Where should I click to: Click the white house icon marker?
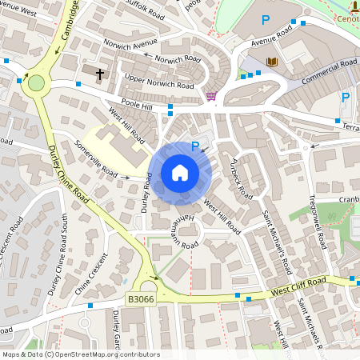tap(180, 172)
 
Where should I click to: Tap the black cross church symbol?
tap(101, 74)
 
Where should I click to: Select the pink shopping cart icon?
tap(210, 96)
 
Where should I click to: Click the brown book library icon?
tap(272, 62)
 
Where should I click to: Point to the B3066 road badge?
tap(141, 298)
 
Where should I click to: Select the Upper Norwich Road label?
tap(159, 82)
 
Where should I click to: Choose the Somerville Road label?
tap(96, 157)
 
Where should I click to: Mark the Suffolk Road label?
tap(144, 10)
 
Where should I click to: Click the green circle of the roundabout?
tap(36, 82)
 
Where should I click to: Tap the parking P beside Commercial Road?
tap(346, 98)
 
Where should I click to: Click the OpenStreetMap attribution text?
tap(81, 354)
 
